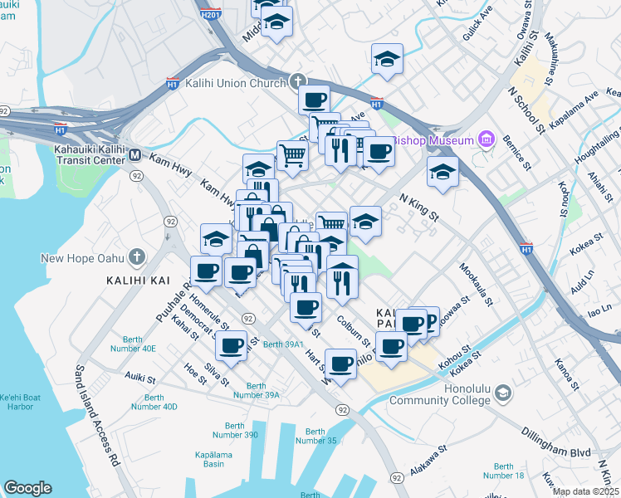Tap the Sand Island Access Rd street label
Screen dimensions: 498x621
click(97, 416)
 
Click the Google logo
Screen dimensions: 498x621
click(28, 487)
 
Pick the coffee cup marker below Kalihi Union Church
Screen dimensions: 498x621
click(314, 101)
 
